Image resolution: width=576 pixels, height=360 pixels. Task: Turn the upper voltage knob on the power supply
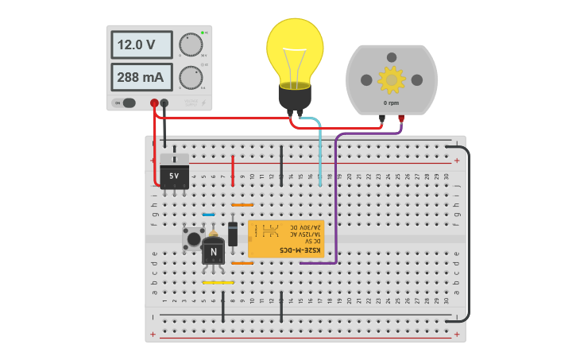click(191, 45)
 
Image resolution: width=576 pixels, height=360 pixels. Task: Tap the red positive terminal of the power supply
click(154, 103)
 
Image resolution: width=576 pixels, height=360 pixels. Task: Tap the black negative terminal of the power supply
click(164, 103)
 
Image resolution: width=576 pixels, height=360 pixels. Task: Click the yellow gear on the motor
click(391, 79)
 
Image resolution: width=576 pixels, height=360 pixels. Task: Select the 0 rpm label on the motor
click(391, 103)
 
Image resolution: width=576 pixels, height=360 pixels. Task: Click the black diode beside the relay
click(233, 234)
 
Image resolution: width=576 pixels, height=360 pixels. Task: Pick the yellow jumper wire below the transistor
click(218, 282)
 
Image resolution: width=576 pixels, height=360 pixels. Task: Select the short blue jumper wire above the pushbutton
click(208, 215)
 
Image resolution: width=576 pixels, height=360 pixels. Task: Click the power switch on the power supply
click(129, 103)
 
